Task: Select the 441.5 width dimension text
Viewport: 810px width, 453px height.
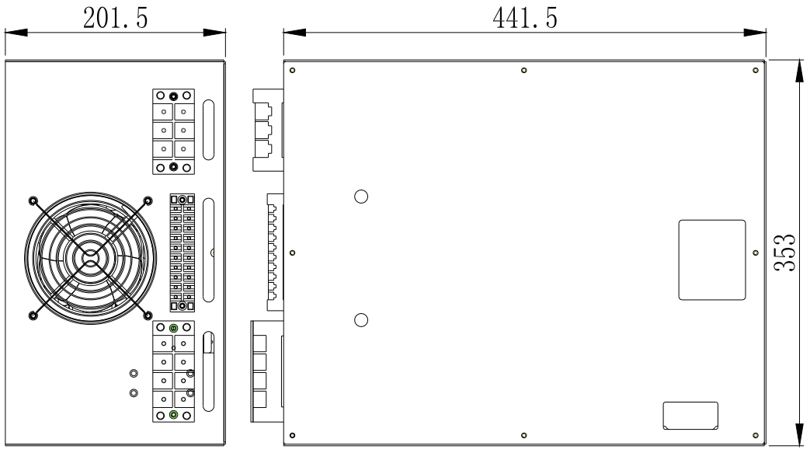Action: coord(525,17)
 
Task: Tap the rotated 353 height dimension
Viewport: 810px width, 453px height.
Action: coord(787,253)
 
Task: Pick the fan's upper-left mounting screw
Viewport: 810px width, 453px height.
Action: coord(33,201)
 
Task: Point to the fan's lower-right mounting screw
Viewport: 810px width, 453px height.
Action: coord(148,315)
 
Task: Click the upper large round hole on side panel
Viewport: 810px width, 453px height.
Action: coord(360,195)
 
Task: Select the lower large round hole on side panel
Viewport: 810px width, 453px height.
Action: coord(360,320)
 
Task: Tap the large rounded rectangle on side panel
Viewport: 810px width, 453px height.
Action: coord(712,260)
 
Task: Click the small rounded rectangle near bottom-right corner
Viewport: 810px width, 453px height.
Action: coord(690,416)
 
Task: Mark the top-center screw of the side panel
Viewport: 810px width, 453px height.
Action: coord(525,71)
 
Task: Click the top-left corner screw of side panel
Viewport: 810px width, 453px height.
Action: coord(292,71)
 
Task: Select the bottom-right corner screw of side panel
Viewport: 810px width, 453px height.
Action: coord(756,435)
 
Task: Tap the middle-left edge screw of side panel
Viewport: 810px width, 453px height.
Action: coord(292,253)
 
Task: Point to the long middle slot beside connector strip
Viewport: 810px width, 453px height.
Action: coord(209,250)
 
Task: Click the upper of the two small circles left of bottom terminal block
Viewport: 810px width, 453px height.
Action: coord(134,375)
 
